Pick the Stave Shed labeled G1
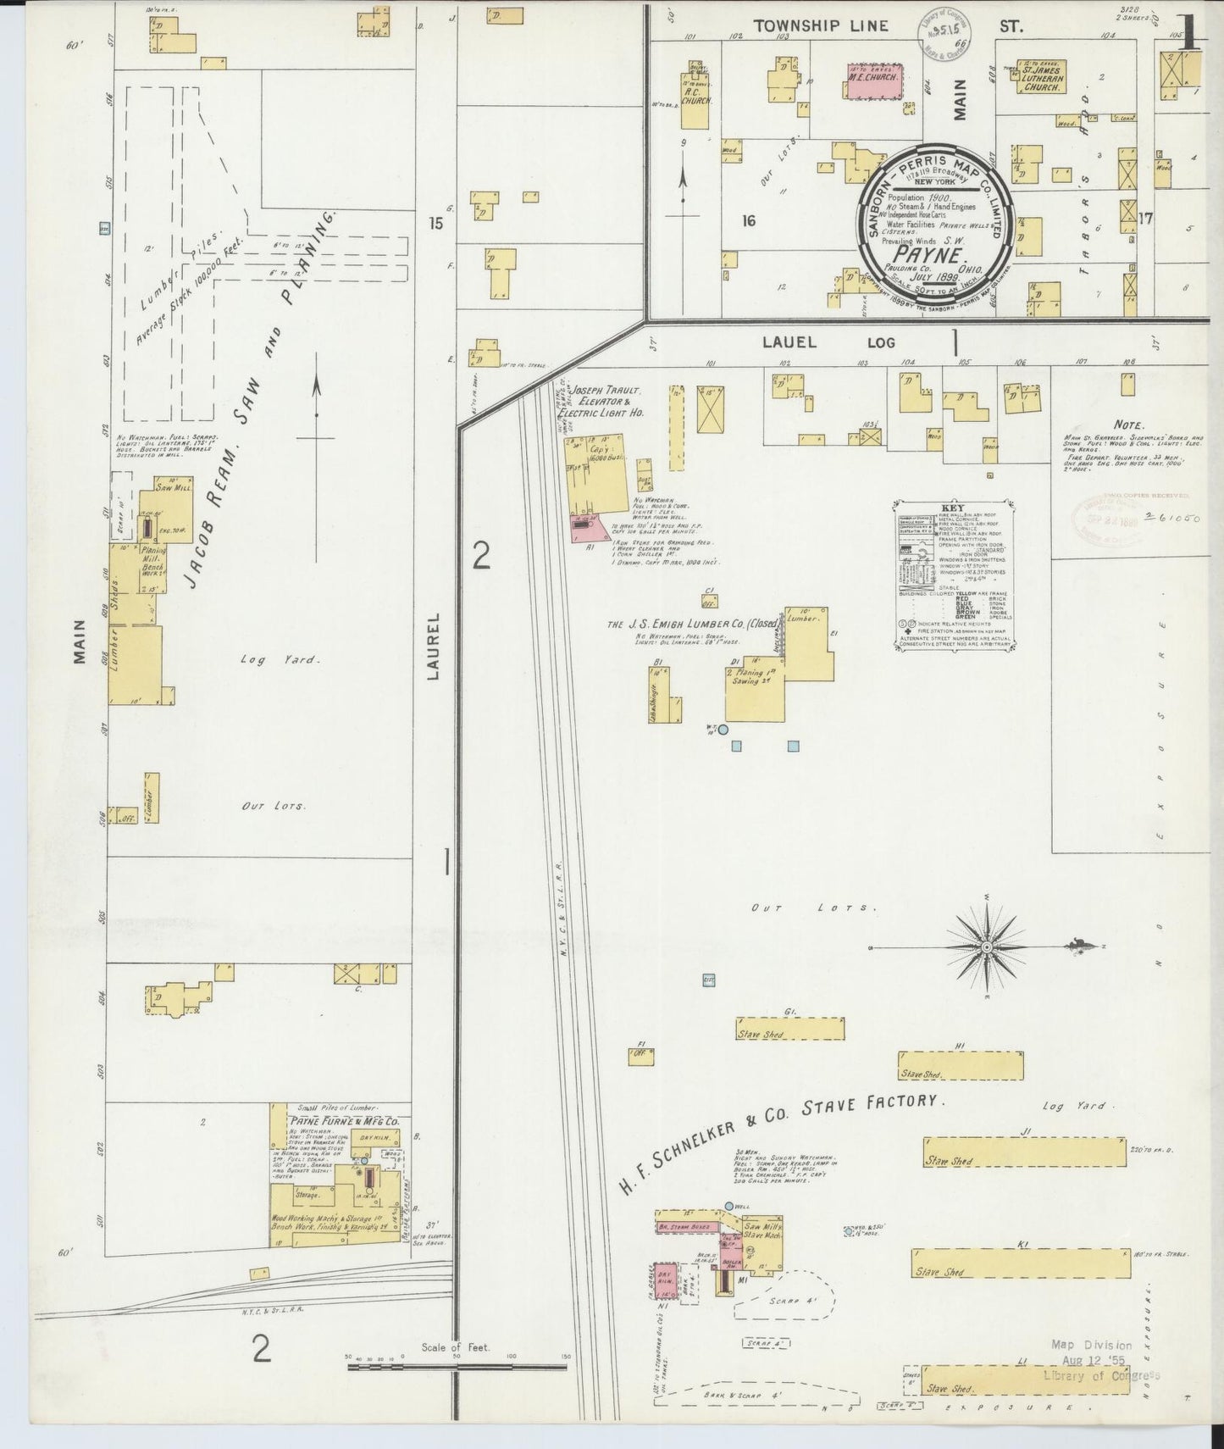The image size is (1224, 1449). coord(789,1029)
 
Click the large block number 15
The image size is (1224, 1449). coord(435,224)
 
